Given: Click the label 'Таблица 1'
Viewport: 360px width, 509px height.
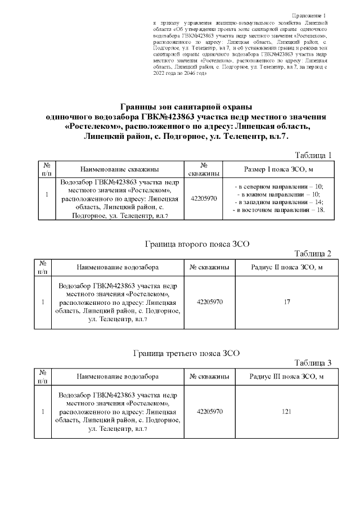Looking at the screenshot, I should (x=314, y=155).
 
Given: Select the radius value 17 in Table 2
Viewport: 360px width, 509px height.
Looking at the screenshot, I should (x=287, y=302).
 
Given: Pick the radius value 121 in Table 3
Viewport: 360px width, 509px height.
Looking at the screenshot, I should (x=287, y=412).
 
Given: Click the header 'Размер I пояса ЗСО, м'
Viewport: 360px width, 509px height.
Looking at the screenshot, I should (x=279, y=169).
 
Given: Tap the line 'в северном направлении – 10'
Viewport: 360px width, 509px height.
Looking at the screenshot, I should (x=279, y=186).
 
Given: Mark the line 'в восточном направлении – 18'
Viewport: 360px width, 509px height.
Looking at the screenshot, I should (x=279, y=210).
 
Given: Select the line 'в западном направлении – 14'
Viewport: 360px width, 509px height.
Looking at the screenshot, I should (x=279, y=202).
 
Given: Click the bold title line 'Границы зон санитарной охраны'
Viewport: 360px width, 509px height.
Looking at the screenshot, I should (x=186, y=106).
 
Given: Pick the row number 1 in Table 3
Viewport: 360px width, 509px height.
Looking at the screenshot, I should (x=43, y=412).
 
